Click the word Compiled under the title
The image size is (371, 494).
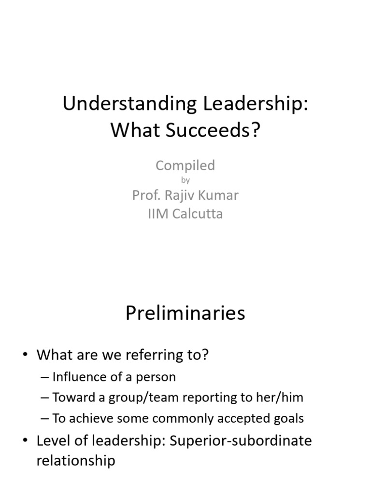[185, 165]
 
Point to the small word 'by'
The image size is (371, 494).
[185, 180]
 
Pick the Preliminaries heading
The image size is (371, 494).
[185, 314]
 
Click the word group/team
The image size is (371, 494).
[140, 398]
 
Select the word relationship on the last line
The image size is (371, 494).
[76, 461]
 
